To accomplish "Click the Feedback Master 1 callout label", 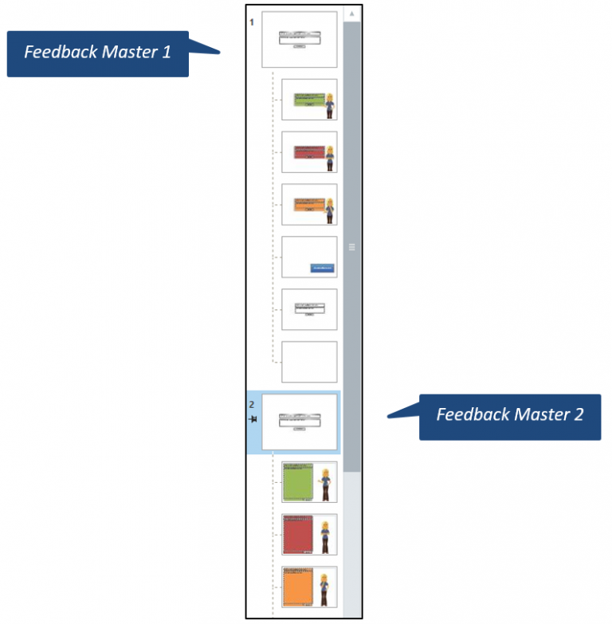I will tap(97, 53).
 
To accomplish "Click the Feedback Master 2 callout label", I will tap(510, 415).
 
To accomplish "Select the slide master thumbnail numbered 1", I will tap(299, 39).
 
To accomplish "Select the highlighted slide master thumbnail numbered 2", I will tap(300, 422).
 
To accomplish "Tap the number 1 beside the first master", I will tap(252, 22).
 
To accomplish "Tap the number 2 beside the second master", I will tap(252, 405).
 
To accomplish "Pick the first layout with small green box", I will tap(309, 100).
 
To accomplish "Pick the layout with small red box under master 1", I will tap(309, 152).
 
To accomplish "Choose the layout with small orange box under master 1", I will tap(309, 205).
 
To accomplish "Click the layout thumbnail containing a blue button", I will tap(309, 257).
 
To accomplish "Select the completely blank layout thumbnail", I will tap(309, 362).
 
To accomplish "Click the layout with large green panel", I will tap(309, 482).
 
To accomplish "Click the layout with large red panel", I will tap(309, 535).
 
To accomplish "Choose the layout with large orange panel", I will tap(309, 587).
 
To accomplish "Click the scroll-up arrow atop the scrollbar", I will tap(351, 14).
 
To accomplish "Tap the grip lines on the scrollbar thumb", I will tap(351, 247).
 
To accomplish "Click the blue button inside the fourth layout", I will tap(322, 269).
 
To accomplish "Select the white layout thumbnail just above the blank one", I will tap(309, 309).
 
